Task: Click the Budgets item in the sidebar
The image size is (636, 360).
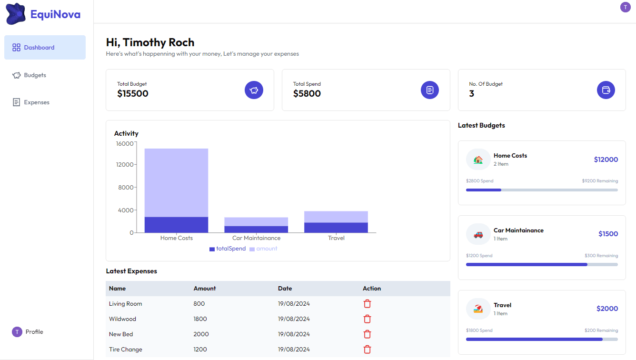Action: pyautogui.click(x=35, y=75)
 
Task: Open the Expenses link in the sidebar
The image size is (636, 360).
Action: pyautogui.click(x=36, y=102)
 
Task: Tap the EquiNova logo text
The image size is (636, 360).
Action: pyautogui.click(x=55, y=14)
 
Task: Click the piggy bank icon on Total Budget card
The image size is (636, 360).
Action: pyautogui.click(x=254, y=90)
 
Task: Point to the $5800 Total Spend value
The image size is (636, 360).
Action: pyautogui.click(x=307, y=94)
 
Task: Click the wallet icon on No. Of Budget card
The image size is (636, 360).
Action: pyautogui.click(x=606, y=90)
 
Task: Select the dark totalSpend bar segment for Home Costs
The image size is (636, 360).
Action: pyautogui.click(x=176, y=225)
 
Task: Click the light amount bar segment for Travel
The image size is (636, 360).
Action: pyautogui.click(x=336, y=217)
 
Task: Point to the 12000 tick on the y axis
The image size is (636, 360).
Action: pyautogui.click(x=125, y=165)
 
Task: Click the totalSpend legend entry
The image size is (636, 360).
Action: pyautogui.click(x=228, y=249)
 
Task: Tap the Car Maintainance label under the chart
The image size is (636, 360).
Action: pyautogui.click(x=256, y=238)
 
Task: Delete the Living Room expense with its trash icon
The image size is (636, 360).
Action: pyautogui.click(x=367, y=304)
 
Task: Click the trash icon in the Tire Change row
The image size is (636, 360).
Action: pyautogui.click(x=367, y=350)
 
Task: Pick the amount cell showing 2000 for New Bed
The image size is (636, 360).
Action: pyautogui.click(x=201, y=334)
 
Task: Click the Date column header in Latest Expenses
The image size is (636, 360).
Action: pyautogui.click(x=285, y=289)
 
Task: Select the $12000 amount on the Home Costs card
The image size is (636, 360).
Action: pyautogui.click(x=606, y=160)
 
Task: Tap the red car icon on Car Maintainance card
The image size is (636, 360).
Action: pyautogui.click(x=478, y=235)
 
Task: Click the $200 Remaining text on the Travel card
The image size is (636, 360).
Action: pyautogui.click(x=601, y=330)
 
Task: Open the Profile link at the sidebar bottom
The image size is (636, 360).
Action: pyautogui.click(x=34, y=332)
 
